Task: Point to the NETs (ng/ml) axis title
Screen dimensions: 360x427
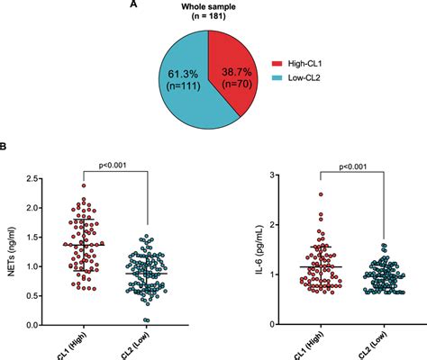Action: pyautogui.click(x=11, y=253)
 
